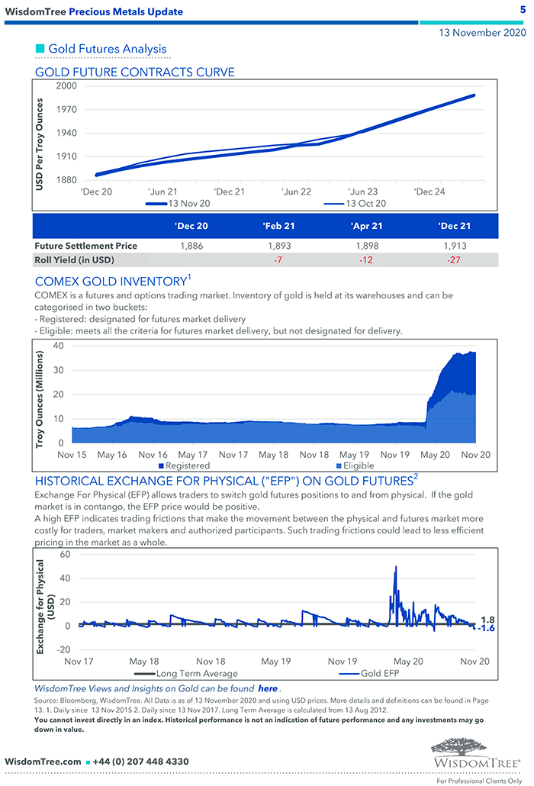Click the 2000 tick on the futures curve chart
[66, 86]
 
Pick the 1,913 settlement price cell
[455, 246]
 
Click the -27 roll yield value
[455, 260]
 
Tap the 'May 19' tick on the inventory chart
[355, 454]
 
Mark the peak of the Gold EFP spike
[395, 567]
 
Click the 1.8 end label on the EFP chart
[487, 620]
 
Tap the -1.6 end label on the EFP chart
[486, 628]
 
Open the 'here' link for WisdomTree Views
[267, 688]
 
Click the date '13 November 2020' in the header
[481, 34]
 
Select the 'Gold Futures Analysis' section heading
[107, 49]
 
